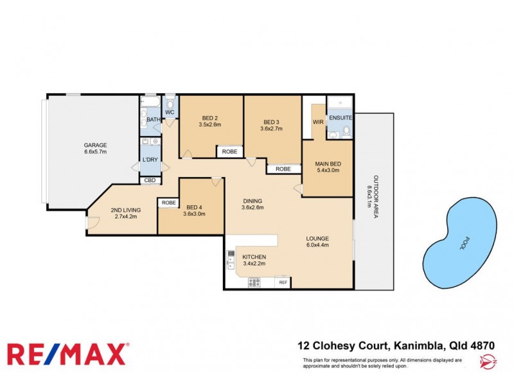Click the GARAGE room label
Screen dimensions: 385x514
(x=95, y=145)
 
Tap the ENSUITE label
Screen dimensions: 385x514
(x=341, y=119)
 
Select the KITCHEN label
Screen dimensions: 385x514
(x=254, y=257)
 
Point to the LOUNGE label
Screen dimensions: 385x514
(x=317, y=241)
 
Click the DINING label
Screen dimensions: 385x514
(x=253, y=201)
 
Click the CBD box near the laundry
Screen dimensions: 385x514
(x=150, y=180)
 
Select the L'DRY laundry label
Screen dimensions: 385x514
(x=150, y=160)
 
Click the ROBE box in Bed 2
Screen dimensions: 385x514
(x=229, y=152)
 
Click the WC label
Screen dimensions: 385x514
(x=170, y=113)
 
